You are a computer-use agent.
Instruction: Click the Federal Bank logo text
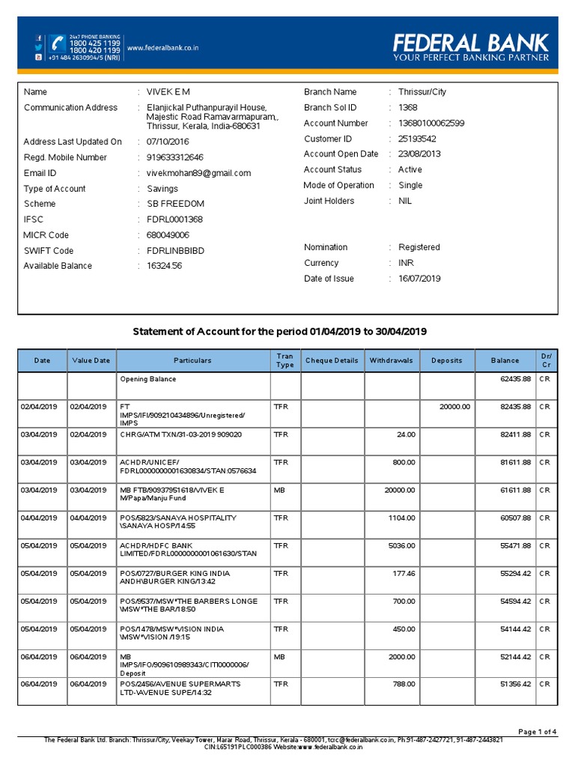(471, 42)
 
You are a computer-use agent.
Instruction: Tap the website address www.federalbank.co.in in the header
(162, 49)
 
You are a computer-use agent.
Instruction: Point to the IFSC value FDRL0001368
(174, 219)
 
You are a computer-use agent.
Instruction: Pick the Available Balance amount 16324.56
(164, 266)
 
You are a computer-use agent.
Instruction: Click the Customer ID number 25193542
(417, 139)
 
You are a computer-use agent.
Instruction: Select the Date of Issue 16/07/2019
(419, 279)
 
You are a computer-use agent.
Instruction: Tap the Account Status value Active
(410, 169)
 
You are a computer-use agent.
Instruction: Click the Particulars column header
(192, 360)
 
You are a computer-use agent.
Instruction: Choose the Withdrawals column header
(391, 360)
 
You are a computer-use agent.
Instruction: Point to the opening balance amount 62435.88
(515, 379)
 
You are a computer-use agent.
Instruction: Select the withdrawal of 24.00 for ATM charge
(405, 434)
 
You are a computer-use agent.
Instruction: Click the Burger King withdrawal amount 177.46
(402, 574)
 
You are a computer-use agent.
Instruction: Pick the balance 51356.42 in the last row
(515, 685)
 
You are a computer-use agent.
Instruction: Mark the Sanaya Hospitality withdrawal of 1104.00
(401, 518)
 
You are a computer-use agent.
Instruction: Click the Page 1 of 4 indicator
(538, 731)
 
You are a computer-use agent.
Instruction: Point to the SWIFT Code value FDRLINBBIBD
(175, 251)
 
